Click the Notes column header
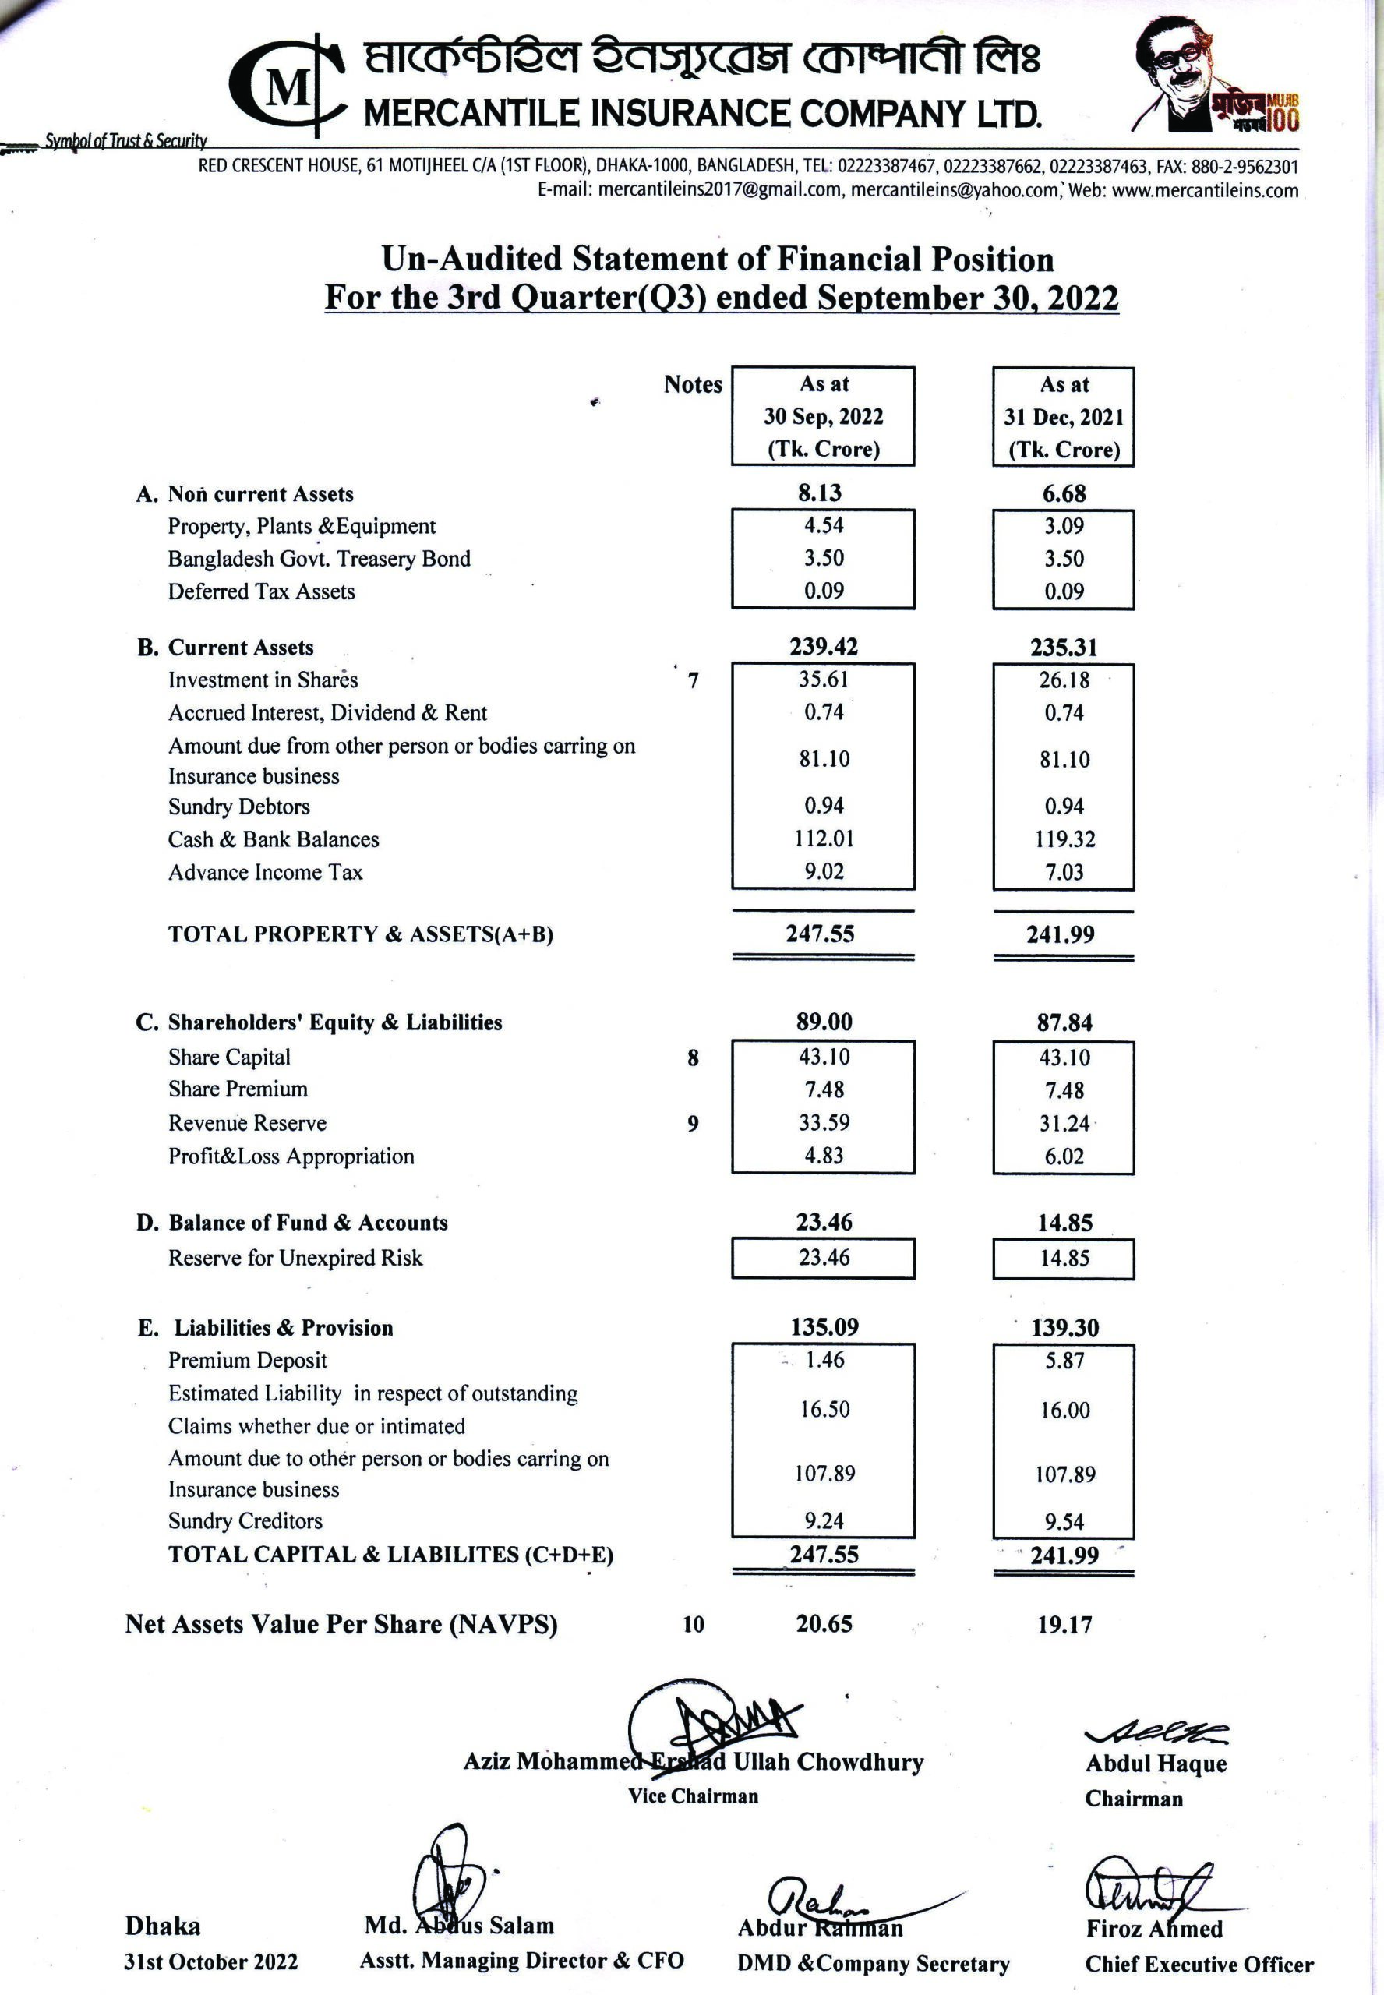[x=693, y=384]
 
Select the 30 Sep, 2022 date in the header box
[x=823, y=417]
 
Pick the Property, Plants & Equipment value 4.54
[x=823, y=525]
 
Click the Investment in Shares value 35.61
[x=823, y=680]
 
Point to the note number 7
[x=693, y=681]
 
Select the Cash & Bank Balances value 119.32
[x=1064, y=839]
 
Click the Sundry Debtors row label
[x=238, y=807]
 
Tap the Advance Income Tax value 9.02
[x=823, y=871]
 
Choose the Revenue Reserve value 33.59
[x=823, y=1123]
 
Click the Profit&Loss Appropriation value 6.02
[x=1064, y=1156]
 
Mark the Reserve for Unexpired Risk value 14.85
[x=1064, y=1259]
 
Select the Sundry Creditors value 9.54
[x=1064, y=1523]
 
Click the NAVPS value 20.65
[x=824, y=1624]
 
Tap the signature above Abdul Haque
[x=1156, y=1732]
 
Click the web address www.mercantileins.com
[x=1205, y=191]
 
